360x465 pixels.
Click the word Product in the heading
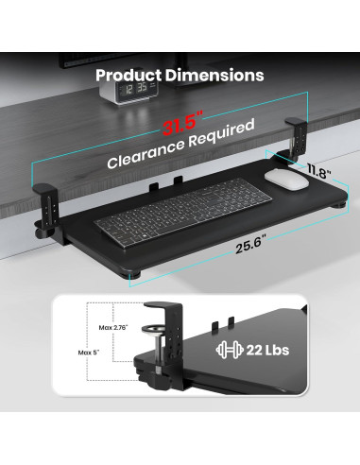(129, 76)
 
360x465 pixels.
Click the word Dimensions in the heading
(214, 75)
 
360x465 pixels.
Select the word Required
(221, 132)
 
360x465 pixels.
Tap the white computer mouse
(286, 179)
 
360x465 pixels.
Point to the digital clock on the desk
(129, 91)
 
